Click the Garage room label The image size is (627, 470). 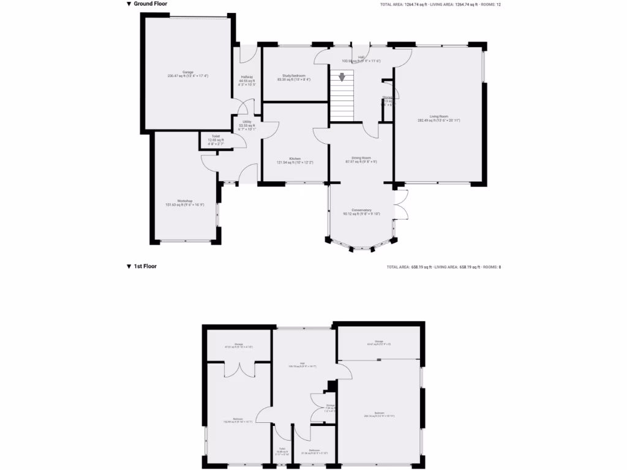(x=187, y=72)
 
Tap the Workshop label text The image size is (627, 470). (x=185, y=201)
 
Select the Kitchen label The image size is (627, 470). (x=295, y=159)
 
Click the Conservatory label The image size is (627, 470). (x=361, y=210)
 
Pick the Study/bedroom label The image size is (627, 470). (x=294, y=75)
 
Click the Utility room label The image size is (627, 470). (x=247, y=122)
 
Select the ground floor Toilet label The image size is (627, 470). (x=216, y=136)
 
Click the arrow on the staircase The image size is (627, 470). (x=342, y=77)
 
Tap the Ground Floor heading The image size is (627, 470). (x=150, y=4)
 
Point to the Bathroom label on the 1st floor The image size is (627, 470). (x=315, y=450)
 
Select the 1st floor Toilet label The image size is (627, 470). (x=282, y=450)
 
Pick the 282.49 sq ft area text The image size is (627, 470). (x=438, y=120)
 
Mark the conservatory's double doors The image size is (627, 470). (x=401, y=204)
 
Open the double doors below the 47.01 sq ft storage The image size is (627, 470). (x=238, y=368)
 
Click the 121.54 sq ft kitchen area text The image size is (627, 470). (x=295, y=162)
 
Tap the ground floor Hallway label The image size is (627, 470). (x=247, y=77)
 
